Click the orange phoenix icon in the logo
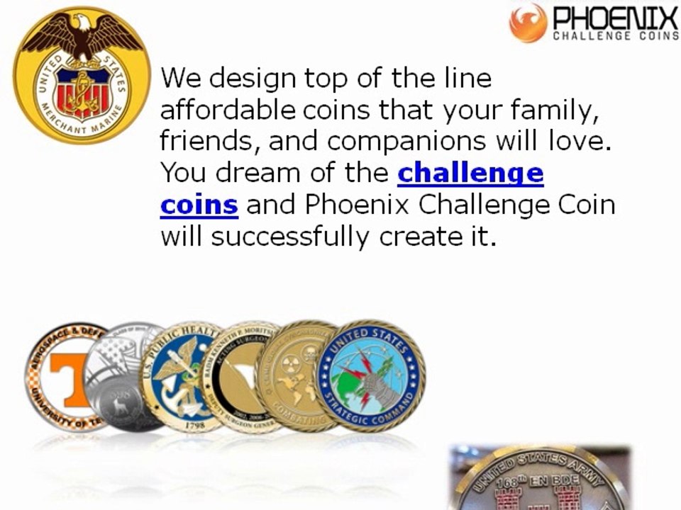528,22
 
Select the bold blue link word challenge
470,174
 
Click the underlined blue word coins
199,205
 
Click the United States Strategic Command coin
370,375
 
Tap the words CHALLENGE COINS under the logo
615,37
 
